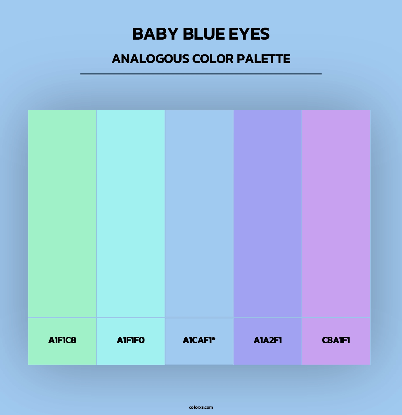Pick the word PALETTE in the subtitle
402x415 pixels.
(263, 59)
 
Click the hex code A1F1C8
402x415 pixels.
(62, 340)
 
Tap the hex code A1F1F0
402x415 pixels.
(131, 340)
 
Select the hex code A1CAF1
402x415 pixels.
(197, 340)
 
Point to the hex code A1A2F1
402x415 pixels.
(268, 340)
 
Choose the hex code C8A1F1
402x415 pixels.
(336, 340)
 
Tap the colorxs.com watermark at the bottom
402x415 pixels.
(201, 407)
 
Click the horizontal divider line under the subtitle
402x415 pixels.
(201, 74)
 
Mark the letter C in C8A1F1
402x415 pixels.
(325, 340)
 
